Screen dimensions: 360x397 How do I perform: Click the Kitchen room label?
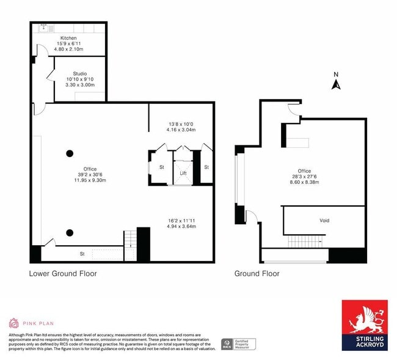pyautogui.click(x=68, y=38)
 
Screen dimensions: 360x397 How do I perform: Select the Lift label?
pyautogui.click(x=183, y=173)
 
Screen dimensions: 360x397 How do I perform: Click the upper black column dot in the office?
pyautogui.click(x=70, y=153)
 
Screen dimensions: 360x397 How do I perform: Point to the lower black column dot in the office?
pyautogui.click(x=70, y=232)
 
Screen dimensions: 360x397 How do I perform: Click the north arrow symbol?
pyautogui.click(x=335, y=83)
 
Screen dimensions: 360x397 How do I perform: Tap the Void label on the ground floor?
pyautogui.click(x=325, y=220)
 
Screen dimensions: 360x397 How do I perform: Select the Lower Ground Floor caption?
pyautogui.click(x=63, y=273)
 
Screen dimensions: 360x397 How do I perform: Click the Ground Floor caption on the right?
pyautogui.click(x=257, y=273)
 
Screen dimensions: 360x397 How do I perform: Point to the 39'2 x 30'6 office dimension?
pyautogui.click(x=90, y=174)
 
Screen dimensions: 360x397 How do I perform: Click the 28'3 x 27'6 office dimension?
pyautogui.click(x=304, y=177)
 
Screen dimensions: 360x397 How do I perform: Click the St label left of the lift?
pyautogui.click(x=162, y=167)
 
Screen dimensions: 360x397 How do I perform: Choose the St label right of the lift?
pyautogui.click(x=206, y=167)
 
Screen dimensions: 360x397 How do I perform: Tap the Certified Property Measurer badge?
pyautogui.click(x=239, y=343)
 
